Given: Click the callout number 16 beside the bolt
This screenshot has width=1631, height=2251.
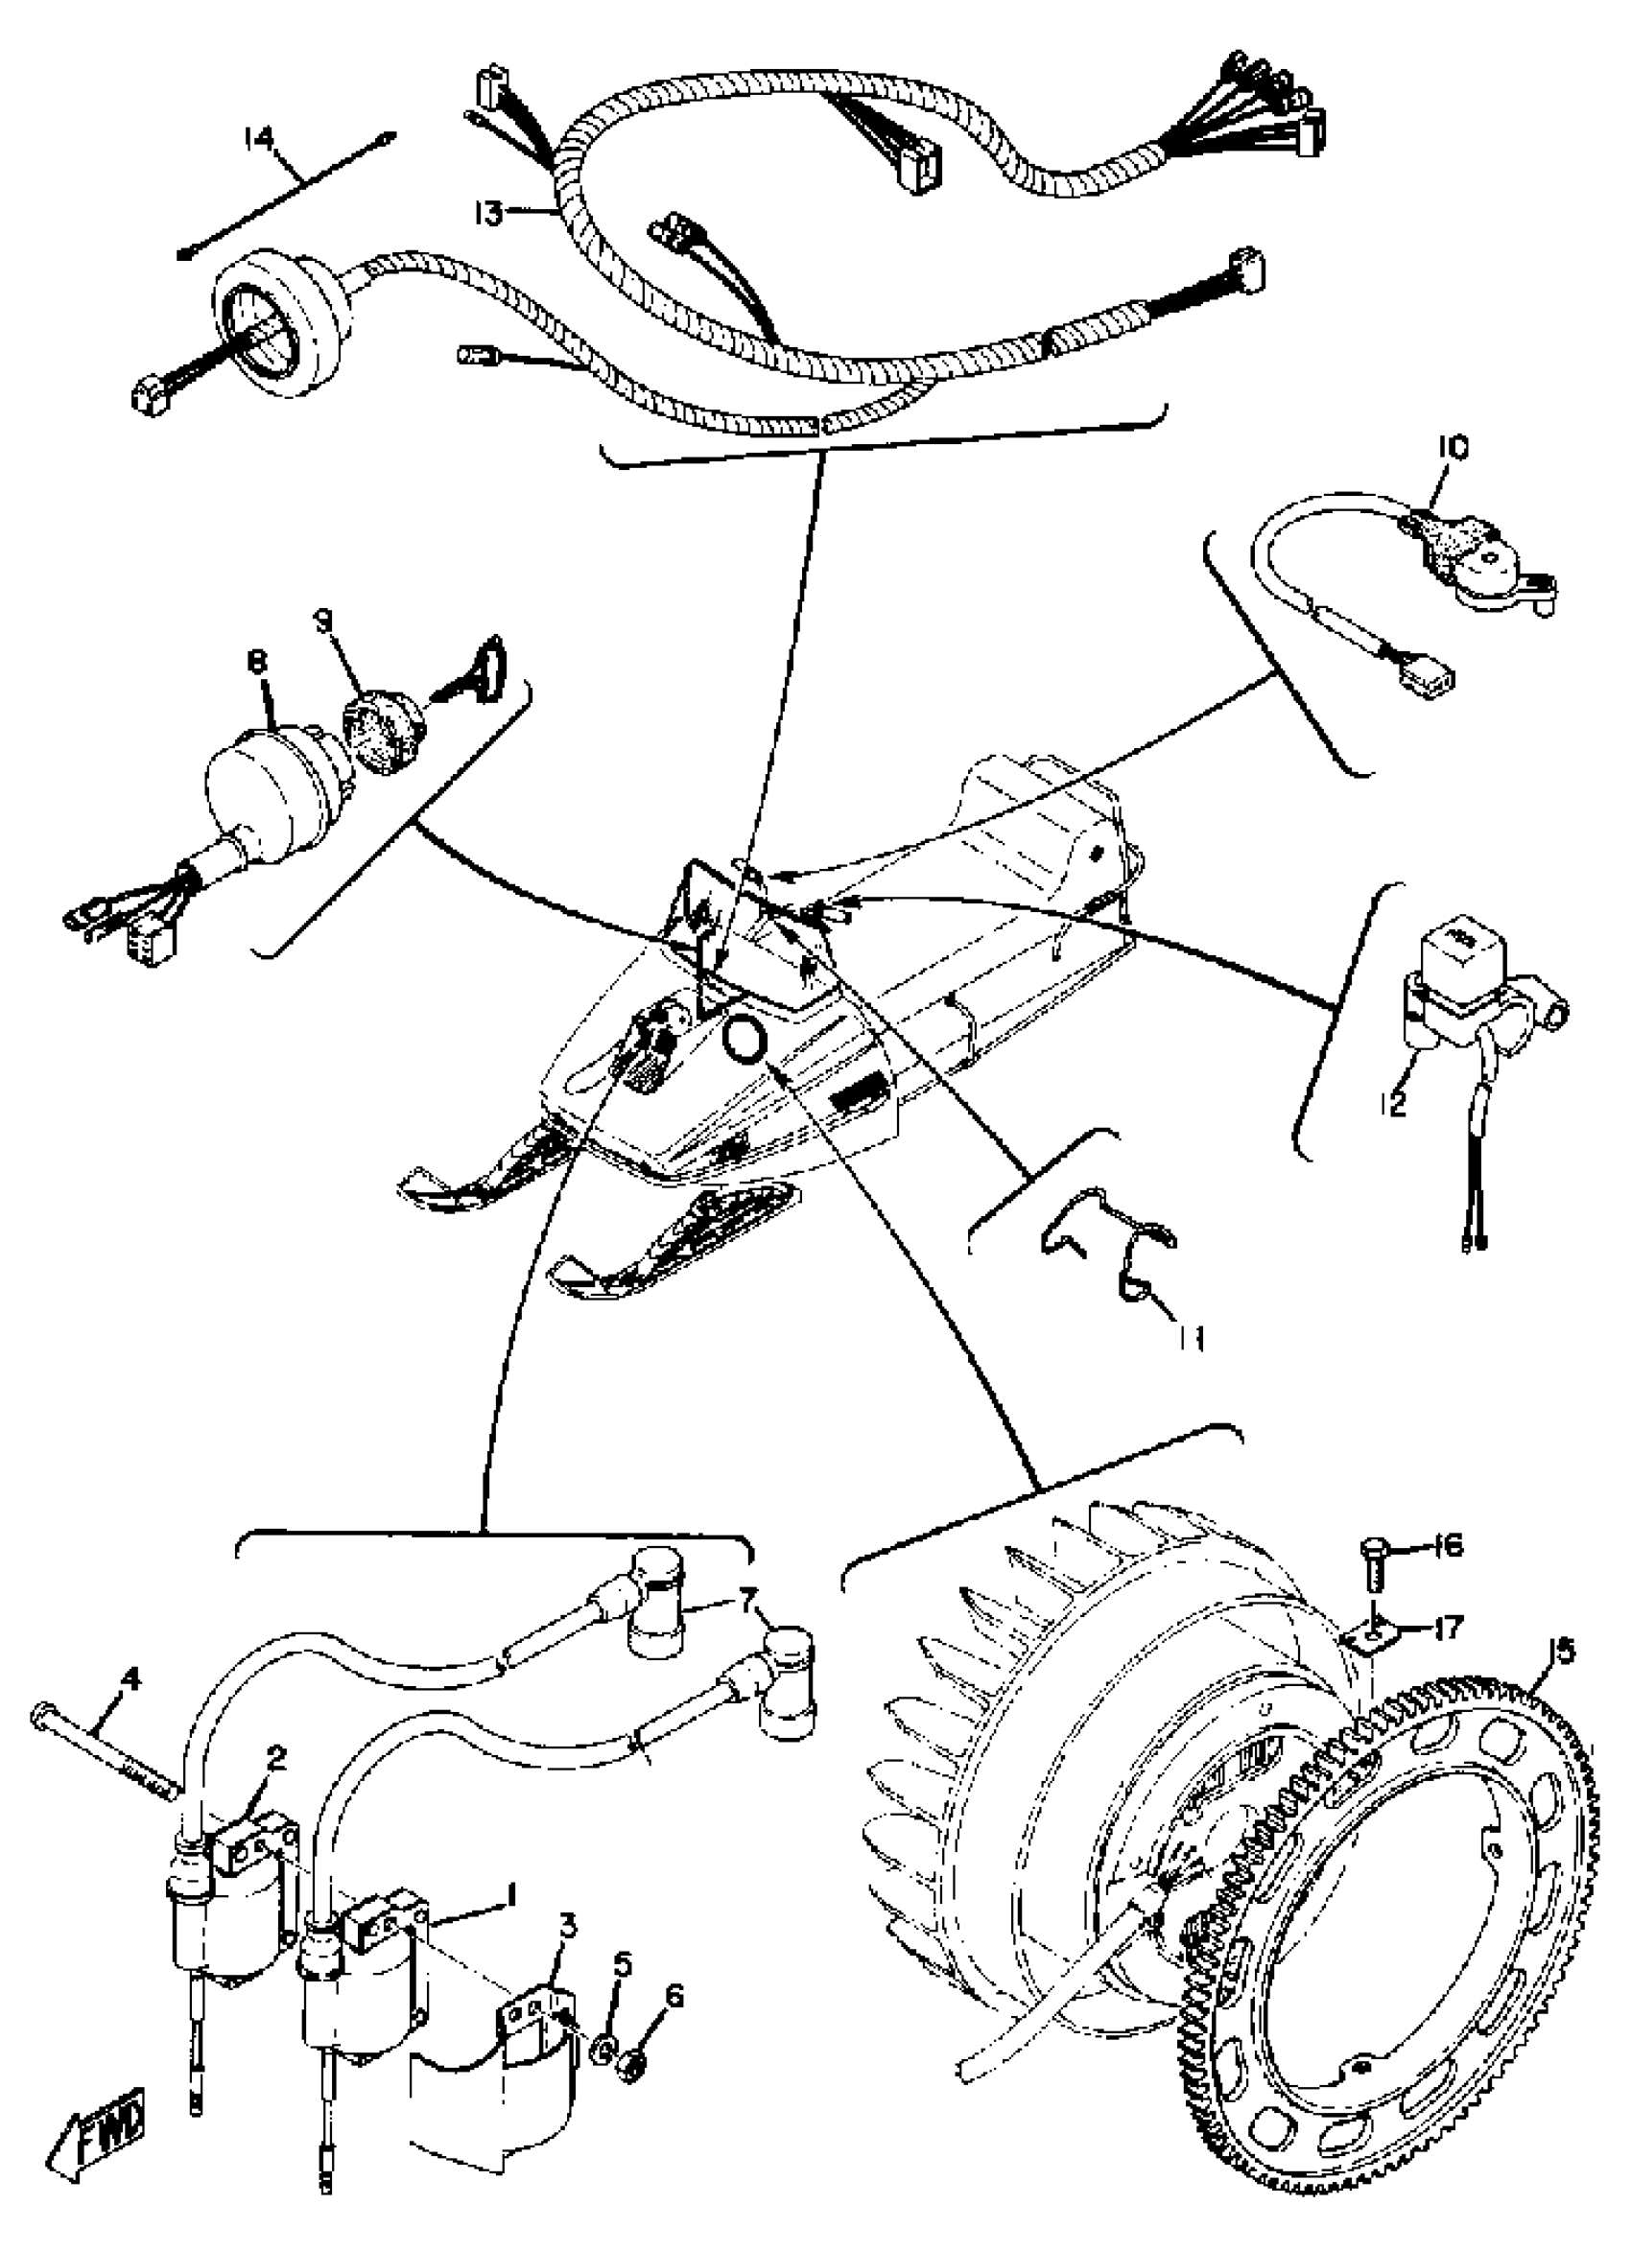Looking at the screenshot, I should pos(1449,1545).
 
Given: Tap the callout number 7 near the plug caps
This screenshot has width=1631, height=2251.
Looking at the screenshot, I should pos(746,1625).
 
